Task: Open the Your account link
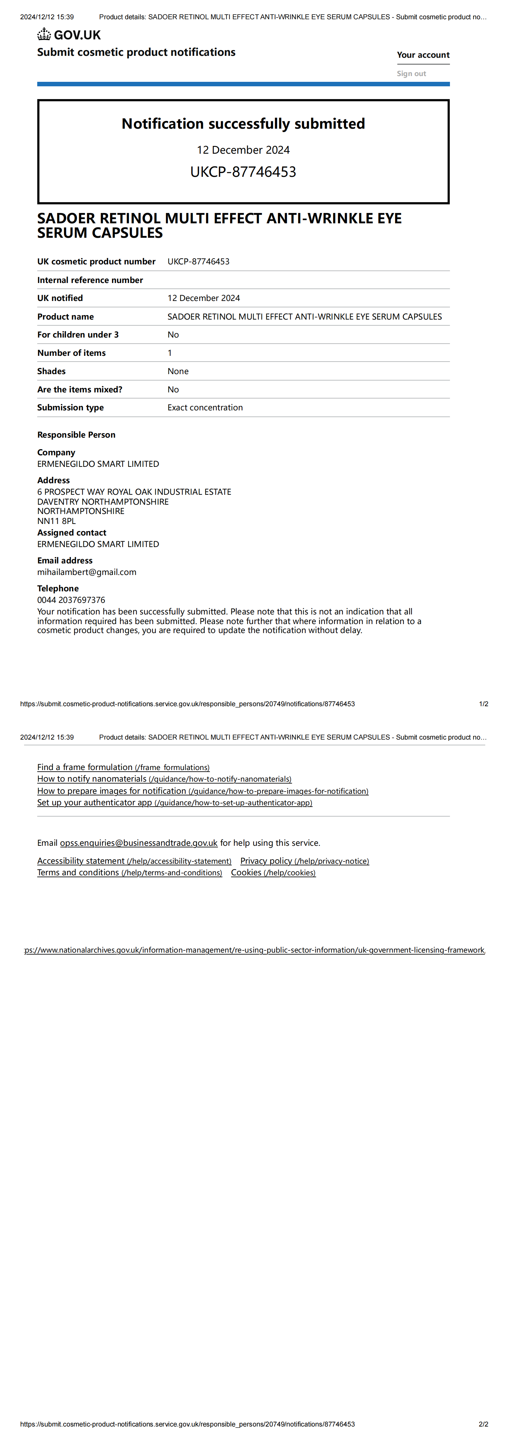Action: pyautogui.click(x=423, y=55)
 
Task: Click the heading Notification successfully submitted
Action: pyautogui.click(x=243, y=124)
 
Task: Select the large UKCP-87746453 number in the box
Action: pyautogui.click(x=243, y=172)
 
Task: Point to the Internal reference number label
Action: pyautogui.click(x=90, y=280)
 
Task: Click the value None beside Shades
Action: pyautogui.click(x=178, y=371)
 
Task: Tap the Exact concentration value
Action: pyautogui.click(x=205, y=407)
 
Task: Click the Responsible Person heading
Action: pyautogui.click(x=76, y=435)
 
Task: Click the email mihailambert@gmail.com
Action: pyautogui.click(x=87, y=572)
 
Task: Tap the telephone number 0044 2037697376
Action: pyautogui.click(x=71, y=600)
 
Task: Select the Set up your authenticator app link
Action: pyautogui.click(x=175, y=803)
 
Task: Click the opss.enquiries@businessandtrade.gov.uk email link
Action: pyautogui.click(x=139, y=843)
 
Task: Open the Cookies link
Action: pyautogui.click(x=273, y=873)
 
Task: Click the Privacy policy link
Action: pyautogui.click(x=304, y=861)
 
